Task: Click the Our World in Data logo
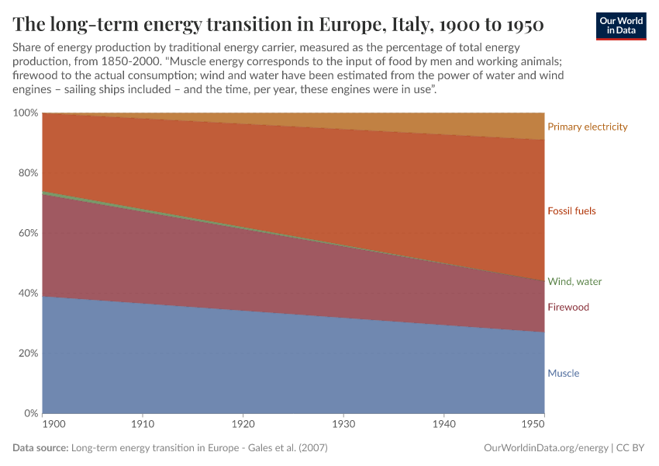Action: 620,26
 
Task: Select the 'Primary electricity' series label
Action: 587,127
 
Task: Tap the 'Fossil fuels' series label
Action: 571,210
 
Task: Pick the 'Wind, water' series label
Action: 574,281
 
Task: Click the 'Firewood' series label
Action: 568,307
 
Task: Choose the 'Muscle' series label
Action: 563,373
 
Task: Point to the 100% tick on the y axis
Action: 26,113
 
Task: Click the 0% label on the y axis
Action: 30,412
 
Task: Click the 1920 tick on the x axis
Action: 243,426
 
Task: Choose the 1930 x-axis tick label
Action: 343,426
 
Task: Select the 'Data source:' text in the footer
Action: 40,448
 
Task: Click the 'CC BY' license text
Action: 631,448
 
